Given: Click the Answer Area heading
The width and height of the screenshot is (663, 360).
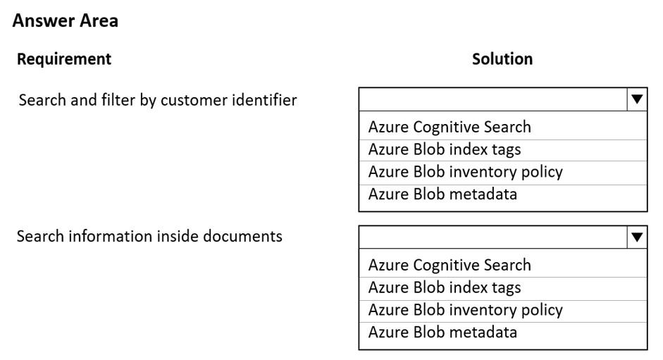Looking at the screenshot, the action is point(65,20).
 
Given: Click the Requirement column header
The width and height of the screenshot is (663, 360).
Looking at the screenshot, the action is point(64,58).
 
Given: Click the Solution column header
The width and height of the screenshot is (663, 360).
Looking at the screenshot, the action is point(502,58).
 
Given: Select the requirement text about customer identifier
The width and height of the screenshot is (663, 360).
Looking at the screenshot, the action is point(158,100).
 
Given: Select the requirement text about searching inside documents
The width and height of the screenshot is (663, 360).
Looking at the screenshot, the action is point(149,236).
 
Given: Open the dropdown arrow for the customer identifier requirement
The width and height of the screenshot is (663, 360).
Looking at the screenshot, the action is point(637,99).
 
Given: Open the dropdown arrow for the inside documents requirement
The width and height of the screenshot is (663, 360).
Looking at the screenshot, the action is point(637,237).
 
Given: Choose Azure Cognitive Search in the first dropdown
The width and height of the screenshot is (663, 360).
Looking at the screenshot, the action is point(450,127).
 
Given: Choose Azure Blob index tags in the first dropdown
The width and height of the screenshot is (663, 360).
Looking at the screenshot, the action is point(445,149).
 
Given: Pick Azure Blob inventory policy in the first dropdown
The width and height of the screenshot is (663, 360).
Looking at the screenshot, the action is point(466,172).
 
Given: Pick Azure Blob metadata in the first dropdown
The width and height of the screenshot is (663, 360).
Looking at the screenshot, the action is point(442,194).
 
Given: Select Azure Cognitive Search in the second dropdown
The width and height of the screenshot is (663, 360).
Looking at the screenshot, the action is point(450,265).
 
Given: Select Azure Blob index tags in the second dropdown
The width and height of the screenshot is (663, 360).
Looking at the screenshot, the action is point(445,287).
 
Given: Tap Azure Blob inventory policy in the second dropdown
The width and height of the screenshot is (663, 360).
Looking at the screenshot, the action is point(466,310).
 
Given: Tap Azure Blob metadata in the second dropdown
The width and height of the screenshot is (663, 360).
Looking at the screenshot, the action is point(442,332).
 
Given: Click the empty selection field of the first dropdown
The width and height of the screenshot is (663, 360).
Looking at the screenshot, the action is point(493,99).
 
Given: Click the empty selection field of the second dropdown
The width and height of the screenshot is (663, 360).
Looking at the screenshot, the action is point(493,237).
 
